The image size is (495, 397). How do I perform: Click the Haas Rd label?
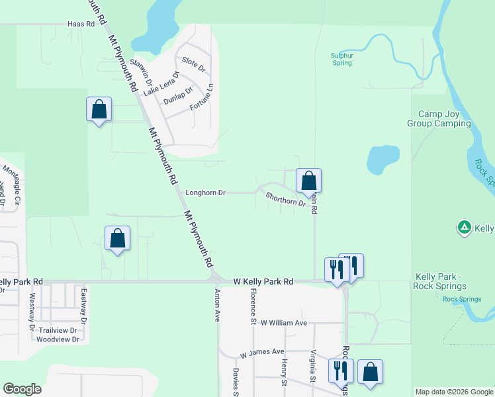81,24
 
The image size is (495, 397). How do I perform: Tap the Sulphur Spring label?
341,60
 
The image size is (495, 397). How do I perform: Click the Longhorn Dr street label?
206,193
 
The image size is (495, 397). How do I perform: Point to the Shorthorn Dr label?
285,199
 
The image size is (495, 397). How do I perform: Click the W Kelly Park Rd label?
263,282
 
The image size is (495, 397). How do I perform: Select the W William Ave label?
284,323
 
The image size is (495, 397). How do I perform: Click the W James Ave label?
262,353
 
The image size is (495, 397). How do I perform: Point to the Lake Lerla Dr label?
161,84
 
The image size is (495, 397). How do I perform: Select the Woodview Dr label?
58,339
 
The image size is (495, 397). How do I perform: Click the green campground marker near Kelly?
465,228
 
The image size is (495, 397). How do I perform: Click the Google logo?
22,389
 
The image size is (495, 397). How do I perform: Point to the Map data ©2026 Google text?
454,392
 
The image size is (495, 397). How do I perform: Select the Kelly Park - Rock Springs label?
440,281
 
